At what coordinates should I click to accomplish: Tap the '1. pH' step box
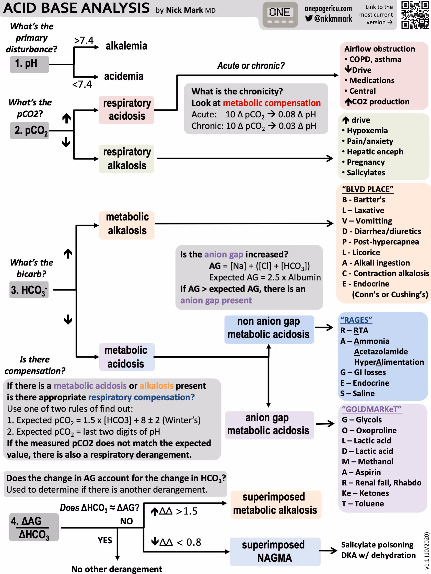click(29, 64)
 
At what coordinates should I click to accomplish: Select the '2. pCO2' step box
click(30, 130)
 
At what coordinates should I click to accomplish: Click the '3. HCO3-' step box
click(29, 290)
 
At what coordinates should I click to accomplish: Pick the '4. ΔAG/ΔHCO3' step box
click(34, 527)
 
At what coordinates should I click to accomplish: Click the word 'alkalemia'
click(126, 46)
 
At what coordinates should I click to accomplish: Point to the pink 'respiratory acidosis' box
click(126, 110)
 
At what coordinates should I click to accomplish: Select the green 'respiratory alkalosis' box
click(126, 158)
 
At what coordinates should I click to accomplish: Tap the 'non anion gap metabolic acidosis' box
click(269, 328)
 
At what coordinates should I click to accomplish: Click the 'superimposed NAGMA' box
click(275, 551)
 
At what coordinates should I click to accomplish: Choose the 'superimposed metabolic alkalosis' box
click(275, 503)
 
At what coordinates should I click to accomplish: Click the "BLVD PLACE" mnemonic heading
click(368, 189)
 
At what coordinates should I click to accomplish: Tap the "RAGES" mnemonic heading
click(356, 320)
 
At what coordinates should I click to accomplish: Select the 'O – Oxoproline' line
click(369, 430)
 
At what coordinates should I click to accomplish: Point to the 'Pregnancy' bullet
click(366, 162)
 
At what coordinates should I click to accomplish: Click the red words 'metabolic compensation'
click(272, 103)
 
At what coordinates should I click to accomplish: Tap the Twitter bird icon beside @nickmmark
click(308, 18)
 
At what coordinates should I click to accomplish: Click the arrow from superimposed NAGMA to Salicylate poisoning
click(328, 550)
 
